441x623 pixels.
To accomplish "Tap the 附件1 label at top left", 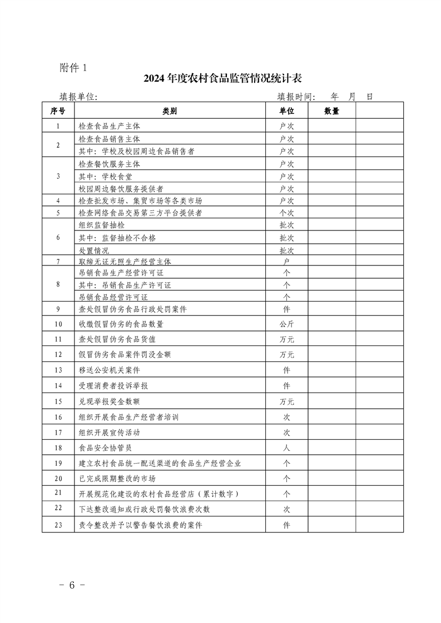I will [x=73, y=68].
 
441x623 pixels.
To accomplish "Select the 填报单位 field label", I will [x=78, y=97].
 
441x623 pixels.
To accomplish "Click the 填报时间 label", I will [x=296, y=97].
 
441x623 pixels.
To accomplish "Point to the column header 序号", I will [x=58, y=111].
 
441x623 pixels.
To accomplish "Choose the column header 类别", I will [x=170, y=111].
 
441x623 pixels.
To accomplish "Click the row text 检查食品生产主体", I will [x=110, y=126].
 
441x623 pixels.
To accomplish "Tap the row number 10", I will [x=58, y=324].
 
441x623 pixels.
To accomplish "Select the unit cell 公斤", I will [x=286, y=324].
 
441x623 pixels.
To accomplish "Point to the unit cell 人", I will [x=286, y=447].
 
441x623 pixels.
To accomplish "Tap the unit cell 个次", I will [x=286, y=213].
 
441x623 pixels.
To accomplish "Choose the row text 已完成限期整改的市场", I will [x=117, y=478].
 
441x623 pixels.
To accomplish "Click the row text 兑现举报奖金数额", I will [x=110, y=401].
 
